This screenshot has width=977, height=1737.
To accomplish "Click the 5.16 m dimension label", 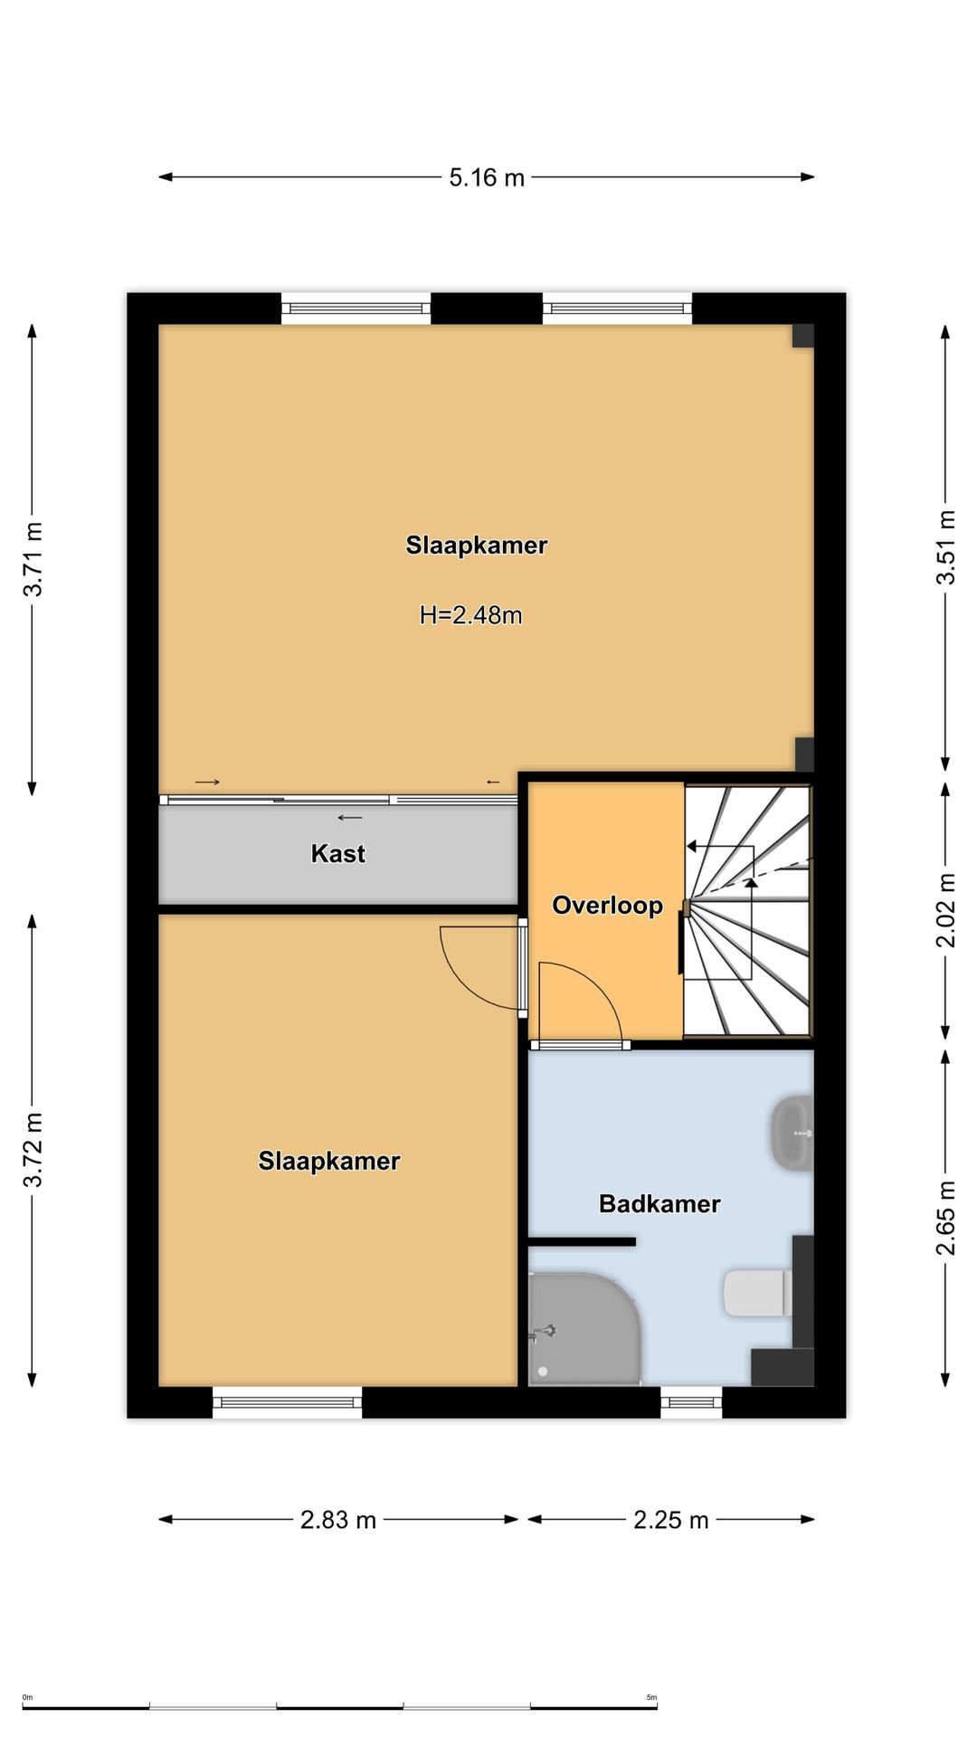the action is pyautogui.click(x=487, y=177).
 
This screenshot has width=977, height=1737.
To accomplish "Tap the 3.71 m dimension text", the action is pyautogui.click(x=33, y=560).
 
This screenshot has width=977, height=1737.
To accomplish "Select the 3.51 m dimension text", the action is pyautogui.click(x=945, y=548).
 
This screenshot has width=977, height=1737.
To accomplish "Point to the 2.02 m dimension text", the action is pyautogui.click(x=945, y=910).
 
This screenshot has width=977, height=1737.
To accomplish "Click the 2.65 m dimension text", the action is pyautogui.click(x=945, y=1219).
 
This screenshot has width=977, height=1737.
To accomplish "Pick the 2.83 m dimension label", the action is pyautogui.click(x=338, y=1520).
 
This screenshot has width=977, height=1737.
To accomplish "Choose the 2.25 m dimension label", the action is pyautogui.click(x=671, y=1520).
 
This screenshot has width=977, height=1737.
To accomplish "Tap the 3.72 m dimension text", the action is pyautogui.click(x=33, y=1150).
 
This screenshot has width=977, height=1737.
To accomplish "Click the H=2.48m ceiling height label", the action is pyautogui.click(x=471, y=615).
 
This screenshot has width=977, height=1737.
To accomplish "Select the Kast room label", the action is pyautogui.click(x=338, y=853).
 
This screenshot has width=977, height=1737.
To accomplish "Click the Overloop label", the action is pyautogui.click(x=608, y=906).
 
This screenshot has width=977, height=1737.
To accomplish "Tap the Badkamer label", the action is pyautogui.click(x=660, y=1203).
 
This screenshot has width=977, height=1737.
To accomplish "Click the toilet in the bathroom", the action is pyautogui.click(x=758, y=1293).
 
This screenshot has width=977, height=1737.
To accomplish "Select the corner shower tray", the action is pyautogui.click(x=584, y=1329).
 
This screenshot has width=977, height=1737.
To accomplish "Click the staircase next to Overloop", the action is pyautogui.click(x=747, y=910).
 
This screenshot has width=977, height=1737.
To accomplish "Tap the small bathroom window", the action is pyautogui.click(x=691, y=1402).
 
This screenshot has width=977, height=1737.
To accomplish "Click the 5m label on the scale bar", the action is pyautogui.click(x=651, y=1697).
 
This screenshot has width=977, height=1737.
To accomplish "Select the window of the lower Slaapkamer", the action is pyautogui.click(x=288, y=1402).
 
